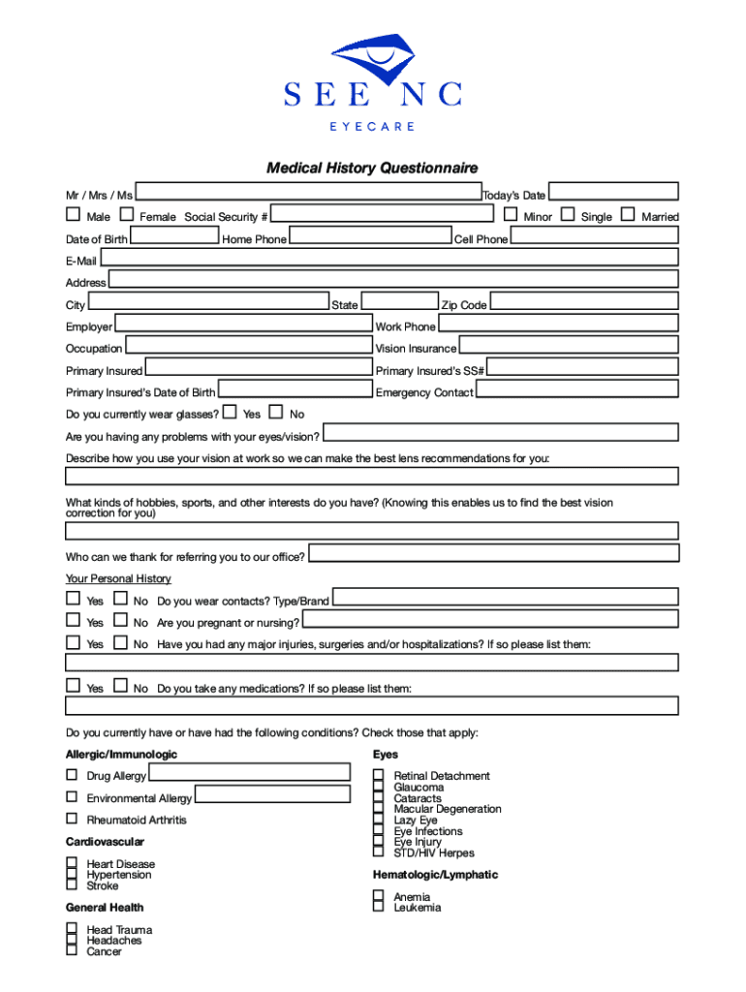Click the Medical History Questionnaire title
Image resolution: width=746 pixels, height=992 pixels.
372,169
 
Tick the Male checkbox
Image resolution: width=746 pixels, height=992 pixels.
73,214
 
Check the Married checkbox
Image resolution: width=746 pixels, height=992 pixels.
628,214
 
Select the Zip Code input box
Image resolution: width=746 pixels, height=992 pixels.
583,302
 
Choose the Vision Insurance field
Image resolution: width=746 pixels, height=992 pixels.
568,346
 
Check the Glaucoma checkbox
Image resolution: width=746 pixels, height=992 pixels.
379,787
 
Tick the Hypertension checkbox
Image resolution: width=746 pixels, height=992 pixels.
72,874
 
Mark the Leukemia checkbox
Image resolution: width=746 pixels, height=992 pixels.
379,907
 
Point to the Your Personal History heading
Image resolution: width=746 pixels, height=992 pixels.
118,578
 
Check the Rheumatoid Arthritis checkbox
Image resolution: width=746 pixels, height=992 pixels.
72,819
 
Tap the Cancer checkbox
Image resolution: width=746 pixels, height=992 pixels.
72,950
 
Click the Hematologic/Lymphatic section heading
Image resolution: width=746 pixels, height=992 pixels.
435,875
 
